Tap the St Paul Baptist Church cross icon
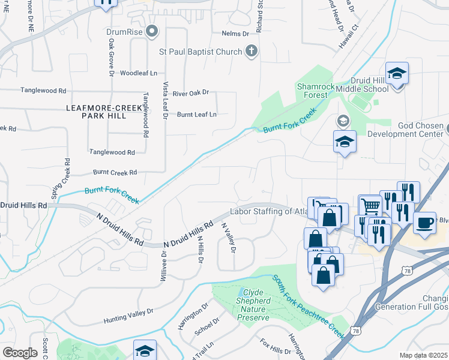252,52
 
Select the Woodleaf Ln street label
138,73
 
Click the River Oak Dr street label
190,92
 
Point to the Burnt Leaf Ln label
196,114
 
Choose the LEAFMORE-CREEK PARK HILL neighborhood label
97,111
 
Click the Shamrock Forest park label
316,91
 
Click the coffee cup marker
424,223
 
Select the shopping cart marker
370,207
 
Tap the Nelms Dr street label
235,34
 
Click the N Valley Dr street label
229,238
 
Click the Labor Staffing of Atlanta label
269,211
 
